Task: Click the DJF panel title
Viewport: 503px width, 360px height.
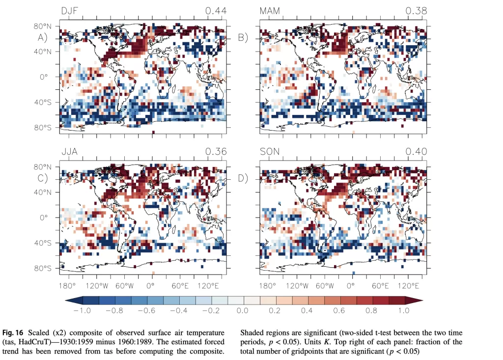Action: (x=71, y=11)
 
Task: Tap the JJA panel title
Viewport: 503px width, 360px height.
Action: (x=70, y=152)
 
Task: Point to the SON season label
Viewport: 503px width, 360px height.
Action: (x=270, y=152)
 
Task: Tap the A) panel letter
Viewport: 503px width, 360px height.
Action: (x=43, y=38)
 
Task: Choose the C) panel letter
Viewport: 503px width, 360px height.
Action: (x=43, y=178)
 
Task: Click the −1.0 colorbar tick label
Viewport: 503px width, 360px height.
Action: (x=83, y=310)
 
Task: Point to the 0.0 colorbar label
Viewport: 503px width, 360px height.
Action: (x=243, y=310)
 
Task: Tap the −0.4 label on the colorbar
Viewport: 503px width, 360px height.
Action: (x=178, y=310)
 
